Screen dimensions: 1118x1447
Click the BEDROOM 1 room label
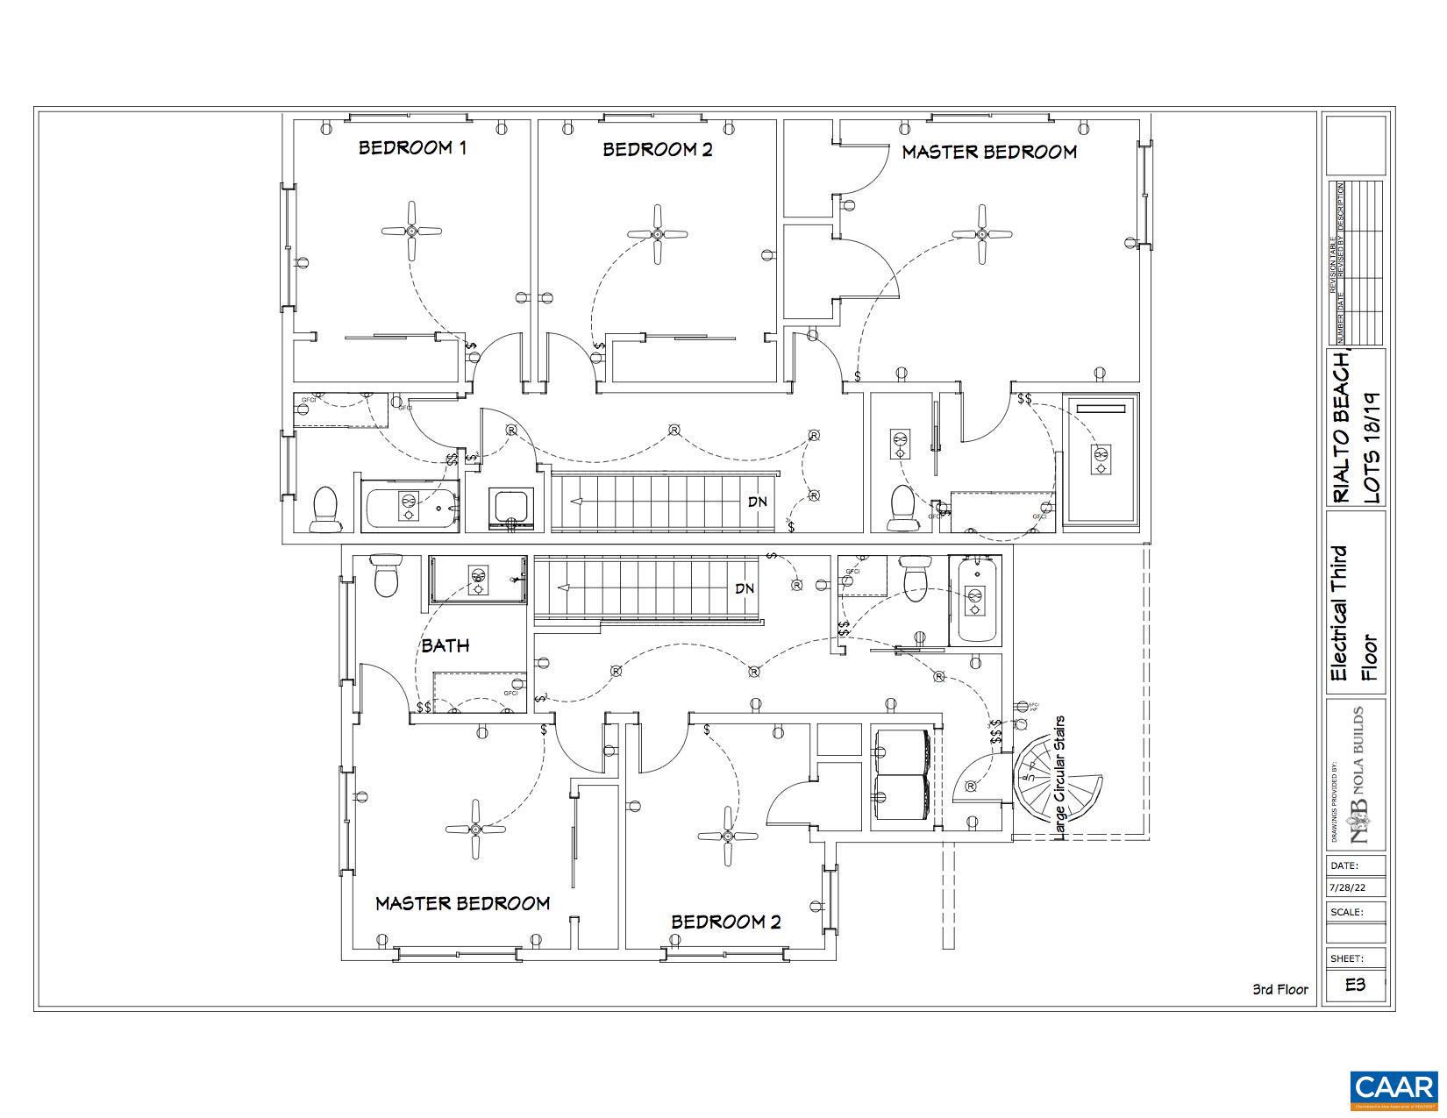coord(412,147)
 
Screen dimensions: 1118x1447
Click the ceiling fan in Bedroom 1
coord(411,231)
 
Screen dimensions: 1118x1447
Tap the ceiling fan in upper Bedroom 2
coord(657,234)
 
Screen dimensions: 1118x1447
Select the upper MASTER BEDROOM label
coord(988,152)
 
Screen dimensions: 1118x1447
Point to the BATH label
coord(446,645)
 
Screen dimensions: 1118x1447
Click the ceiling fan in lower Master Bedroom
coord(474,829)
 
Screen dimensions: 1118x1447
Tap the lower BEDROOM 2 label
coord(725,922)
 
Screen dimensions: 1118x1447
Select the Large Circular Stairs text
coord(1060,777)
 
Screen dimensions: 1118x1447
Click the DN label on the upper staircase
coord(759,502)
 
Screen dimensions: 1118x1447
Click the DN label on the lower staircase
coord(745,588)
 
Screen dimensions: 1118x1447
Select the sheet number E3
coord(1355,984)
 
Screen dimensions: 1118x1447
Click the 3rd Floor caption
coord(1279,989)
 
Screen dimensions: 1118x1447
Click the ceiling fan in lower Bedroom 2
coord(727,837)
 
